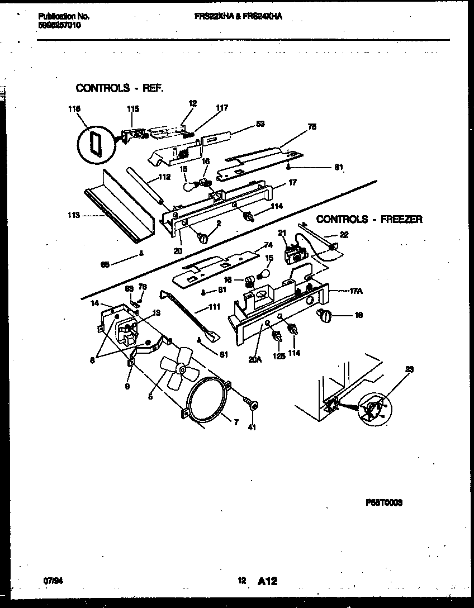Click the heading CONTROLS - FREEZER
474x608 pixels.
click(369, 220)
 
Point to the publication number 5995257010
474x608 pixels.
click(59, 25)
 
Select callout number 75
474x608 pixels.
click(311, 127)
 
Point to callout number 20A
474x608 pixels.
click(254, 360)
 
